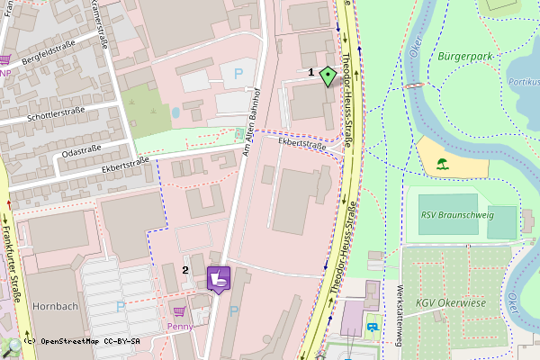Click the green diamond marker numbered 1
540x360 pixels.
click(328, 76)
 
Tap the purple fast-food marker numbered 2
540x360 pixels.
click(219, 278)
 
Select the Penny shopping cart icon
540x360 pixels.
click(179, 310)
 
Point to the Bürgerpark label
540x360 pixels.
click(465, 57)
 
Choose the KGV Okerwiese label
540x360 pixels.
click(450, 303)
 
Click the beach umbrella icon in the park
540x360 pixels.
click(442, 165)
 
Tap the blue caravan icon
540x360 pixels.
click(373, 327)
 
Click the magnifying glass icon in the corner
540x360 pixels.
click(13, 346)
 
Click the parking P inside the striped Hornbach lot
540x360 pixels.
click(120, 307)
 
